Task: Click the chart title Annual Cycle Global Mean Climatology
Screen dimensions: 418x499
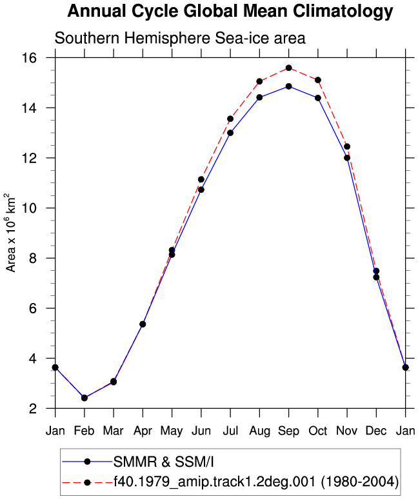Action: [230, 12]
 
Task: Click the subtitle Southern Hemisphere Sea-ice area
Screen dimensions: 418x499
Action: [180, 38]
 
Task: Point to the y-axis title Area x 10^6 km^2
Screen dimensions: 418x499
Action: [10, 233]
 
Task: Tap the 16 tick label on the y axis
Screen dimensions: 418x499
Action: [28, 58]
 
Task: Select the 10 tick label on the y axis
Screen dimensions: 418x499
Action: [28, 208]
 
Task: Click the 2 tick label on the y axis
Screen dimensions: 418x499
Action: [33, 409]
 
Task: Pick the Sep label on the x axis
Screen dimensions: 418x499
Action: [289, 431]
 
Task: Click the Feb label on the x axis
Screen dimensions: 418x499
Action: [85, 431]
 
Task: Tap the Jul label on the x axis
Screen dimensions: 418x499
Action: [230, 431]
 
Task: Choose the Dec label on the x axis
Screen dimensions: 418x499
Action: [376, 431]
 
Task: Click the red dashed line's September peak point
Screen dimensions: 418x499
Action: [289, 68]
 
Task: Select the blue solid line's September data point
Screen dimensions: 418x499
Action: [289, 86]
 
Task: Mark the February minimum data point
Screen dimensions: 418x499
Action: [85, 398]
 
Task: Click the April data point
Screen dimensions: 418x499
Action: [143, 324]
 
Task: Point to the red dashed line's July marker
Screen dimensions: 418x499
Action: [230, 119]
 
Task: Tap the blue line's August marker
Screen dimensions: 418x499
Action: [259, 97]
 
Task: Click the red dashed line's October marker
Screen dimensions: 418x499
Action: [318, 80]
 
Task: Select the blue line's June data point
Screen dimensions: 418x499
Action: [201, 190]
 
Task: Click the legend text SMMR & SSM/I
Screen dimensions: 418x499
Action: [164, 462]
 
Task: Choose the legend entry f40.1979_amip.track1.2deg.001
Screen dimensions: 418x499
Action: [256, 482]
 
